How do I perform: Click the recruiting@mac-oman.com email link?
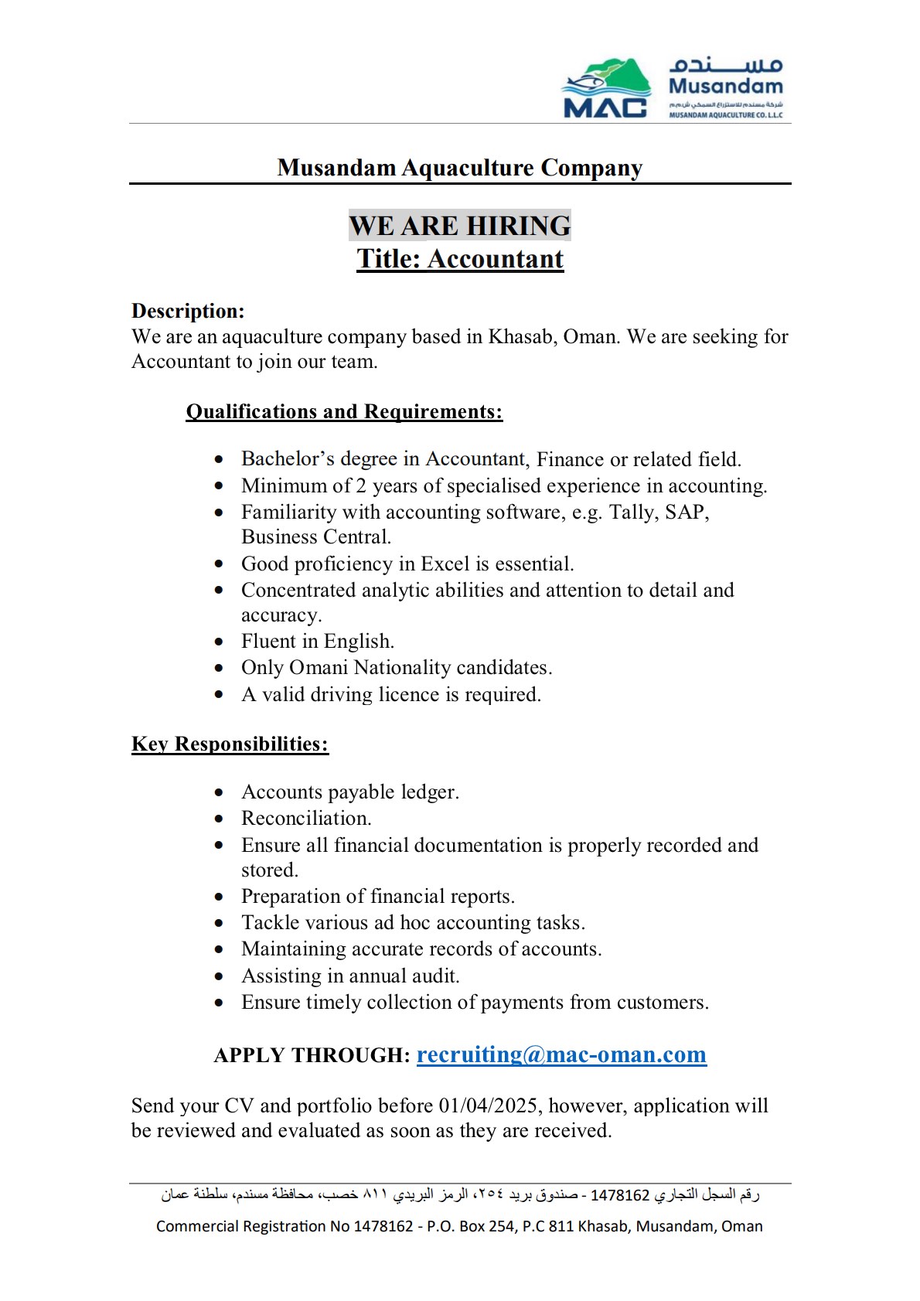(x=561, y=1054)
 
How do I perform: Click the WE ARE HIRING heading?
(x=460, y=226)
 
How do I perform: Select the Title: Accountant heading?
(x=460, y=259)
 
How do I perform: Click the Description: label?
(x=188, y=311)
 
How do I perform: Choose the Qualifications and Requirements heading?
(x=344, y=411)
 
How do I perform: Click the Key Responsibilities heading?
(x=230, y=744)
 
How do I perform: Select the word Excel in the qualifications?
(x=445, y=564)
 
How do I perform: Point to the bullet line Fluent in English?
(x=318, y=642)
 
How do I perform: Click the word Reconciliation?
(x=306, y=818)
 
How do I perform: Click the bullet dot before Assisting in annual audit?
(x=220, y=976)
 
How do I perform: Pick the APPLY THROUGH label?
(x=312, y=1055)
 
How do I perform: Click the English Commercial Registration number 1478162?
(x=383, y=1226)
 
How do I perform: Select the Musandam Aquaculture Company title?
(x=460, y=168)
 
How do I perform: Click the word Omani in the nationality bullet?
(x=318, y=667)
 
